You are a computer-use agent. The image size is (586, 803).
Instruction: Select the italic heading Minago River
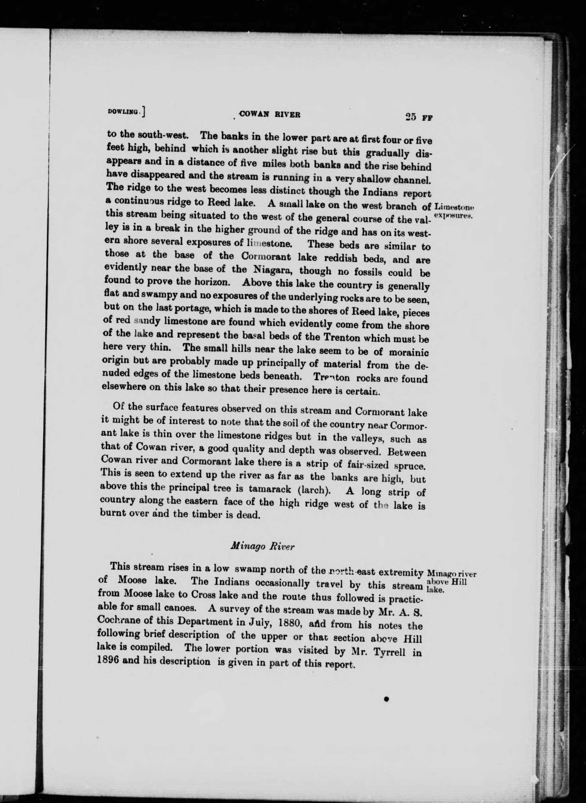[262, 547]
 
